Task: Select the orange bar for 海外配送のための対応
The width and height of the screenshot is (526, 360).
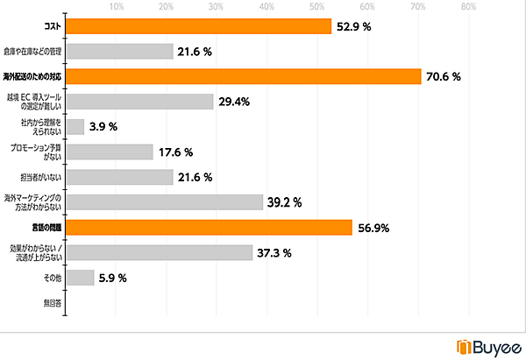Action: coord(243,77)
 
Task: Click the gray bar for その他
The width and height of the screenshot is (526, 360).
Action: coord(80,279)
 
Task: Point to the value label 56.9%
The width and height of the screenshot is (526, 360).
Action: coord(373,229)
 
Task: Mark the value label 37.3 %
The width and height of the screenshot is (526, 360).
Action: coord(274,253)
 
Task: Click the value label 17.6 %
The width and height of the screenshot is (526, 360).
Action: coord(175,152)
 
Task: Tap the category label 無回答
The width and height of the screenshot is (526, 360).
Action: coord(52,303)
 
